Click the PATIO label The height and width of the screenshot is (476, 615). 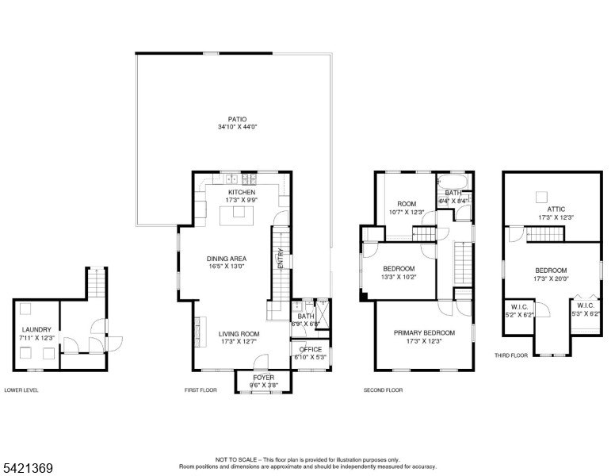click(237, 119)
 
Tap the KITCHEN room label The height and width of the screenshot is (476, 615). click(242, 192)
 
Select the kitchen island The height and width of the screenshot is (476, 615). click(236, 216)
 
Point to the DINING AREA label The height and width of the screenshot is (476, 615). click(227, 259)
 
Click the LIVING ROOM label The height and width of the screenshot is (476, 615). click(239, 334)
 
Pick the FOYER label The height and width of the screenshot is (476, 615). click(264, 378)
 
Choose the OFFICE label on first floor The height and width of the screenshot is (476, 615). click(310, 349)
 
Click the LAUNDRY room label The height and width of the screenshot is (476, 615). click(36, 329)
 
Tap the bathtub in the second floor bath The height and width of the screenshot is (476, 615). click(453, 182)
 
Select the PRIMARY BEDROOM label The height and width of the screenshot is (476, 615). click(424, 332)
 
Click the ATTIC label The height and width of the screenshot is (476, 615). click(556, 209)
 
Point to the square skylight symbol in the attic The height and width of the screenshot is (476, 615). click(541, 197)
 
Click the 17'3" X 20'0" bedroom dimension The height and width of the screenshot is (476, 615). click(551, 278)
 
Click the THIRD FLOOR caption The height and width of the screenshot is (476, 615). click(510, 355)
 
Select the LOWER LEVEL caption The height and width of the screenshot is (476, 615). click(21, 390)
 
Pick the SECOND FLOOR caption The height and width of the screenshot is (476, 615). click(383, 390)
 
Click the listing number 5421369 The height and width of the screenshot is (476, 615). click(28, 468)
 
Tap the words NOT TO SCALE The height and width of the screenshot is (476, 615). click(235, 459)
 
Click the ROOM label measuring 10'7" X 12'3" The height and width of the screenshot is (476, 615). click(407, 204)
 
